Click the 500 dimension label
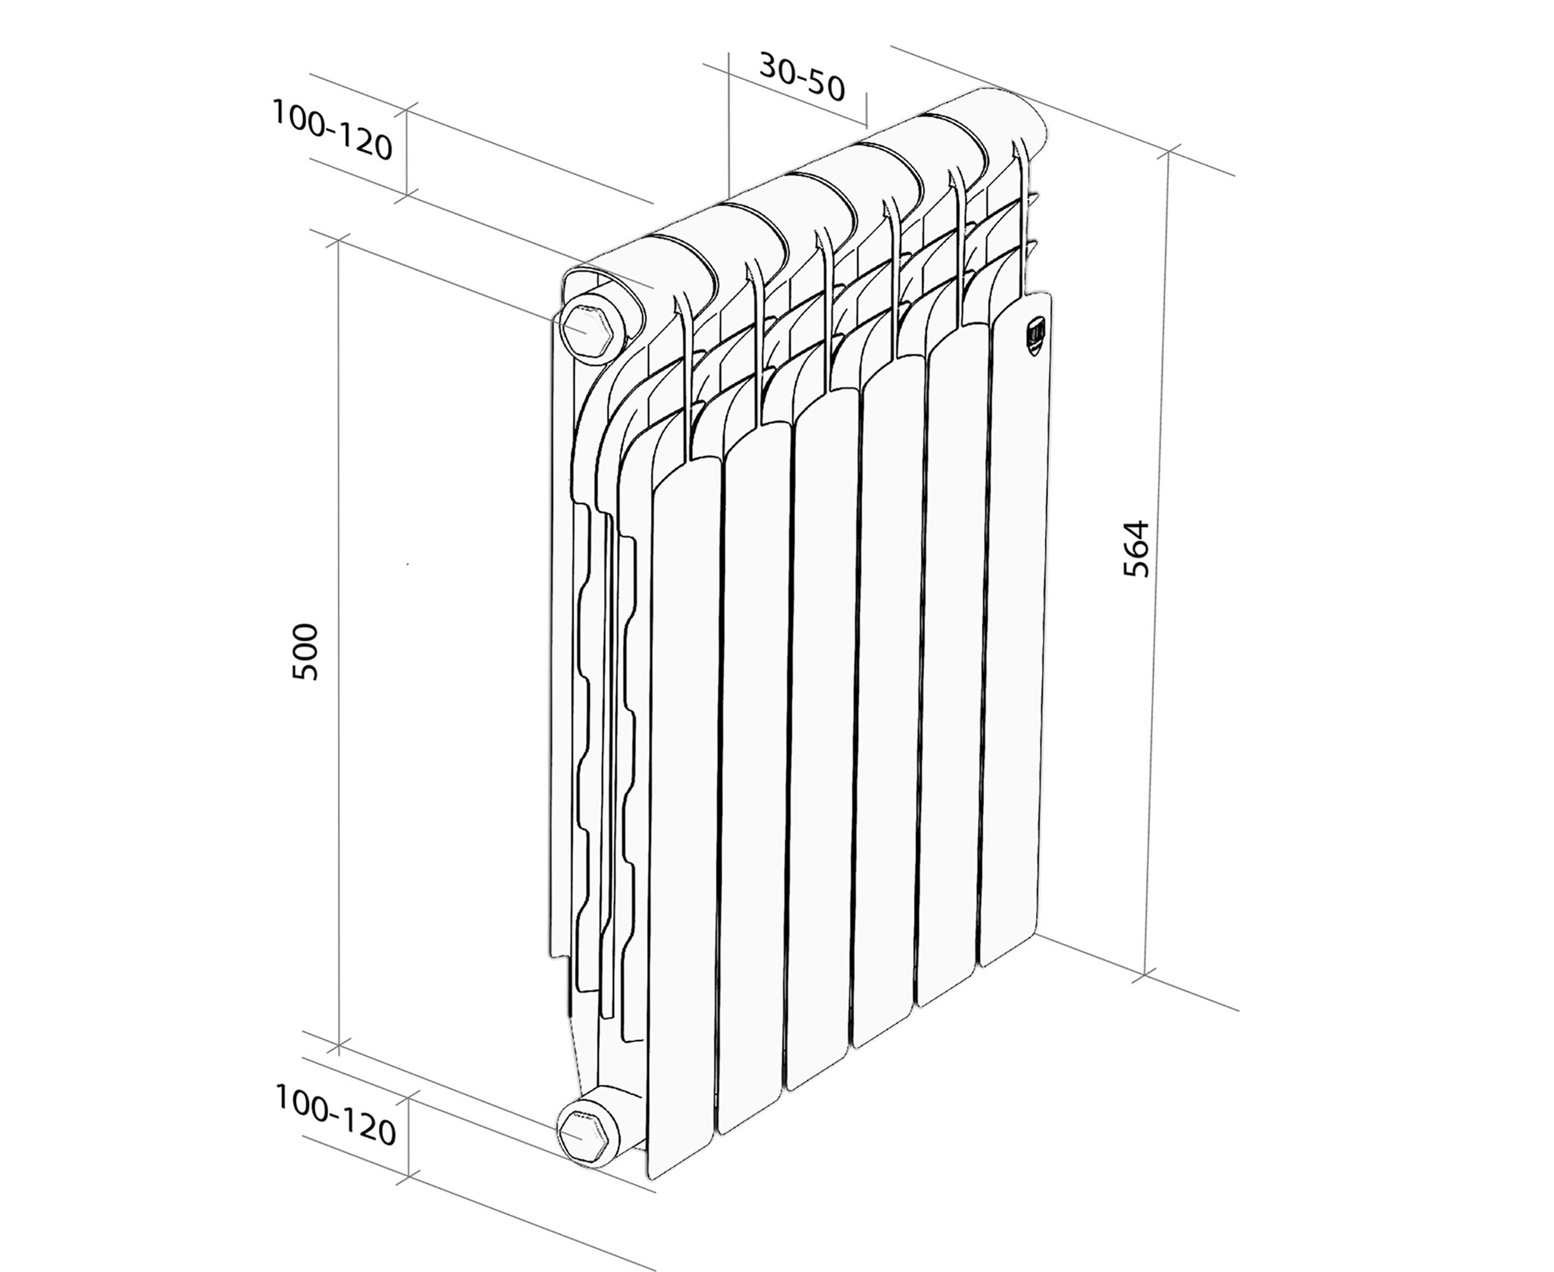point(304,651)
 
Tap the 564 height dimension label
point(1136,549)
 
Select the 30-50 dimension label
point(802,77)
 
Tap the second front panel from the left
point(754,777)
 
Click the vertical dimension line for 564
point(1156,564)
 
